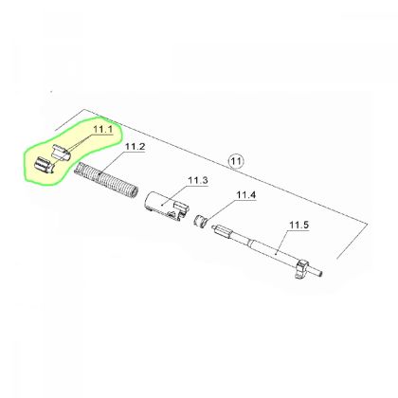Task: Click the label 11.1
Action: [103, 129]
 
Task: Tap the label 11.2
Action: [136, 147]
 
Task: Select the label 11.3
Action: [198, 181]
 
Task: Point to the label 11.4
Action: [245, 195]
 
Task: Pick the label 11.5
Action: [299, 226]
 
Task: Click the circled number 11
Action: [236, 161]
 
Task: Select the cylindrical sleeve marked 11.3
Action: [166, 207]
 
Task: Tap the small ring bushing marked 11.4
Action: [199, 221]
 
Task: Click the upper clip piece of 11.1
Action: [60, 153]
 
